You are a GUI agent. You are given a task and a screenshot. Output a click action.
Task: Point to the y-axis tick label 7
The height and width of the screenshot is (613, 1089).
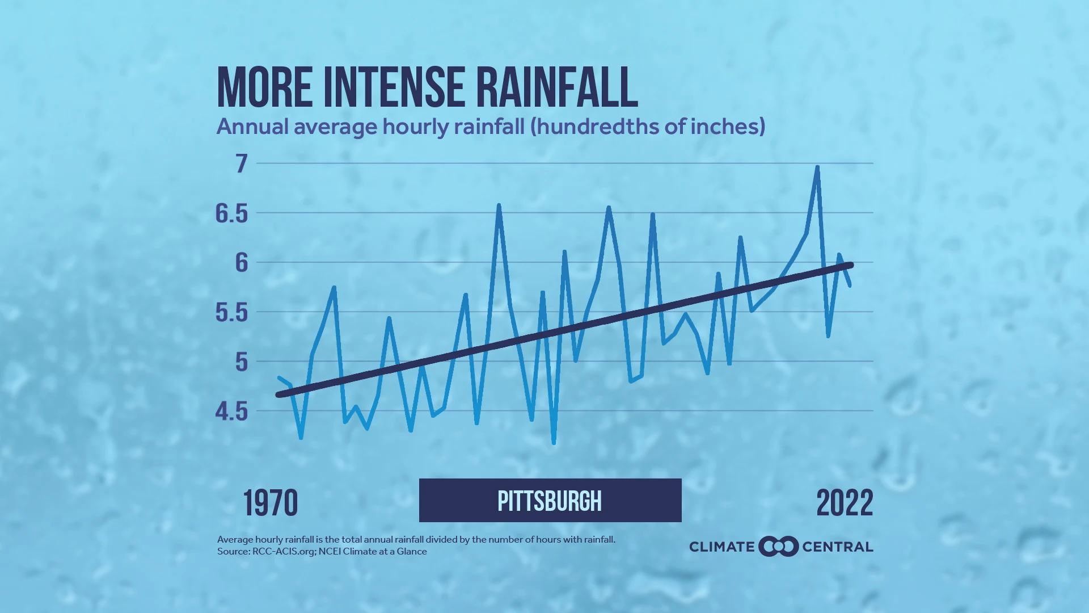(242, 163)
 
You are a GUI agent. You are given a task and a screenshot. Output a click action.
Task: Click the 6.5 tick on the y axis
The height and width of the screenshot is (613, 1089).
(232, 213)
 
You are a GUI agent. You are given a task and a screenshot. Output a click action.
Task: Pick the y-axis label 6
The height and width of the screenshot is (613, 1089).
(242, 262)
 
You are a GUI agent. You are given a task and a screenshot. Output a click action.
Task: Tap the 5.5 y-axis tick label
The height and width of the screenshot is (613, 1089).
(232, 312)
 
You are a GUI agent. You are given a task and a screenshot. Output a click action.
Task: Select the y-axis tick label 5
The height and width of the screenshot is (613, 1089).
(242, 362)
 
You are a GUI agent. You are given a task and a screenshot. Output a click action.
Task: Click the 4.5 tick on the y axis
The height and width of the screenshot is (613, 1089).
(232, 412)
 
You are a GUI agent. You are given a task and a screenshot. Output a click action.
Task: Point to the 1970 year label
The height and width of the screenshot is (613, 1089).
(271, 503)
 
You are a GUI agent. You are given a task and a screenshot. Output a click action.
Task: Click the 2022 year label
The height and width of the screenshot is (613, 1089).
(845, 503)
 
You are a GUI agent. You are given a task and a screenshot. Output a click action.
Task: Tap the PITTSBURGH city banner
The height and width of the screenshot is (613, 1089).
(550, 501)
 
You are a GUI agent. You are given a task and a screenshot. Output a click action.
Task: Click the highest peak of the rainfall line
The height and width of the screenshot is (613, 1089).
(817, 167)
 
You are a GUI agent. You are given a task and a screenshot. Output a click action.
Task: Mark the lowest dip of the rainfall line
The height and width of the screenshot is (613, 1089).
(554, 442)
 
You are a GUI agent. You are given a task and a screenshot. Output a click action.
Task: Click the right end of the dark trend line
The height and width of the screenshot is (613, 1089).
(850, 265)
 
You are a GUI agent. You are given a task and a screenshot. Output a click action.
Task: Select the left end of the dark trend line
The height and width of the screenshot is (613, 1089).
(278, 394)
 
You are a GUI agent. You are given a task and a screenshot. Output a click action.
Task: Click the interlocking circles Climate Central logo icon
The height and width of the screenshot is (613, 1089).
(778, 547)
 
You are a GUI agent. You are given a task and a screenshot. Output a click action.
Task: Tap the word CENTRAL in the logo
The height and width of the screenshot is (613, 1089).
(838, 547)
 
